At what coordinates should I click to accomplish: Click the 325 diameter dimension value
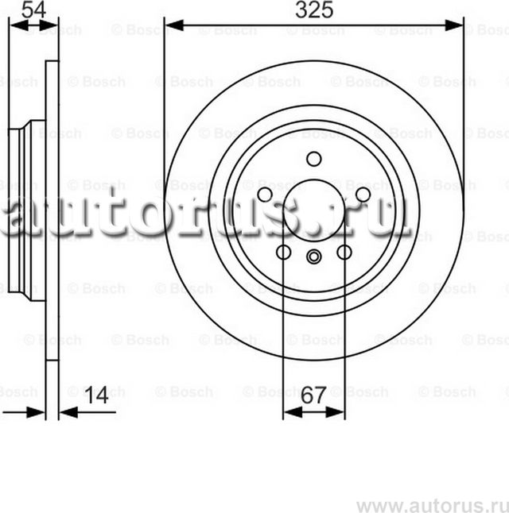click(313, 10)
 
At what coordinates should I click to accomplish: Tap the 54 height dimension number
click(32, 10)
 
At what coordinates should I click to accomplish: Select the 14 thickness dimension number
click(96, 395)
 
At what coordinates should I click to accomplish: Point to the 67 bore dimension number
click(314, 395)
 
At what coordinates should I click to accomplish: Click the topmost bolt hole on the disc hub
click(313, 158)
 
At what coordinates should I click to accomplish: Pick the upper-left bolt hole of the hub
click(265, 195)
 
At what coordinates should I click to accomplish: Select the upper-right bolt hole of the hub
click(363, 195)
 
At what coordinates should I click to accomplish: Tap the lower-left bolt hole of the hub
click(283, 252)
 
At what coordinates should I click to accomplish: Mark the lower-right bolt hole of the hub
click(344, 252)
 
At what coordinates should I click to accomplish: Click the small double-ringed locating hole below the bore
click(313, 256)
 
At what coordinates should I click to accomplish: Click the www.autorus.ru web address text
click(430, 504)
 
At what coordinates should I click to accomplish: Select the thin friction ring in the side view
click(52, 210)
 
